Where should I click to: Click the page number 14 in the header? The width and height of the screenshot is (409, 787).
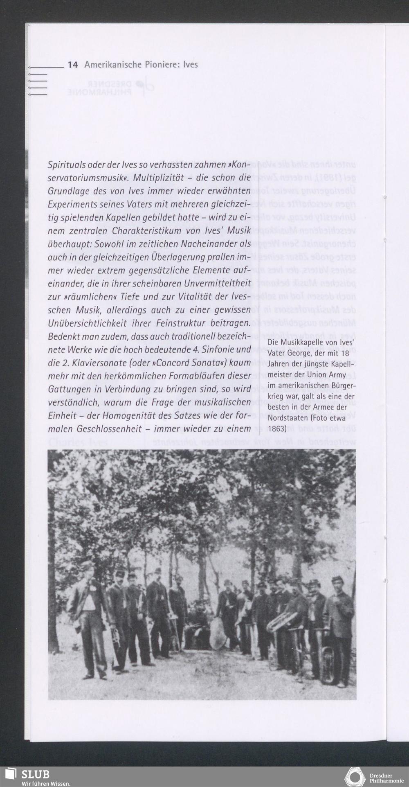[72, 65]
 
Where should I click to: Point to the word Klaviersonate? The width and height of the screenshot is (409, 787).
[106, 363]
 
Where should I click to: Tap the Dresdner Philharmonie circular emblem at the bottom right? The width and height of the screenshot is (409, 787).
[355, 777]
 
